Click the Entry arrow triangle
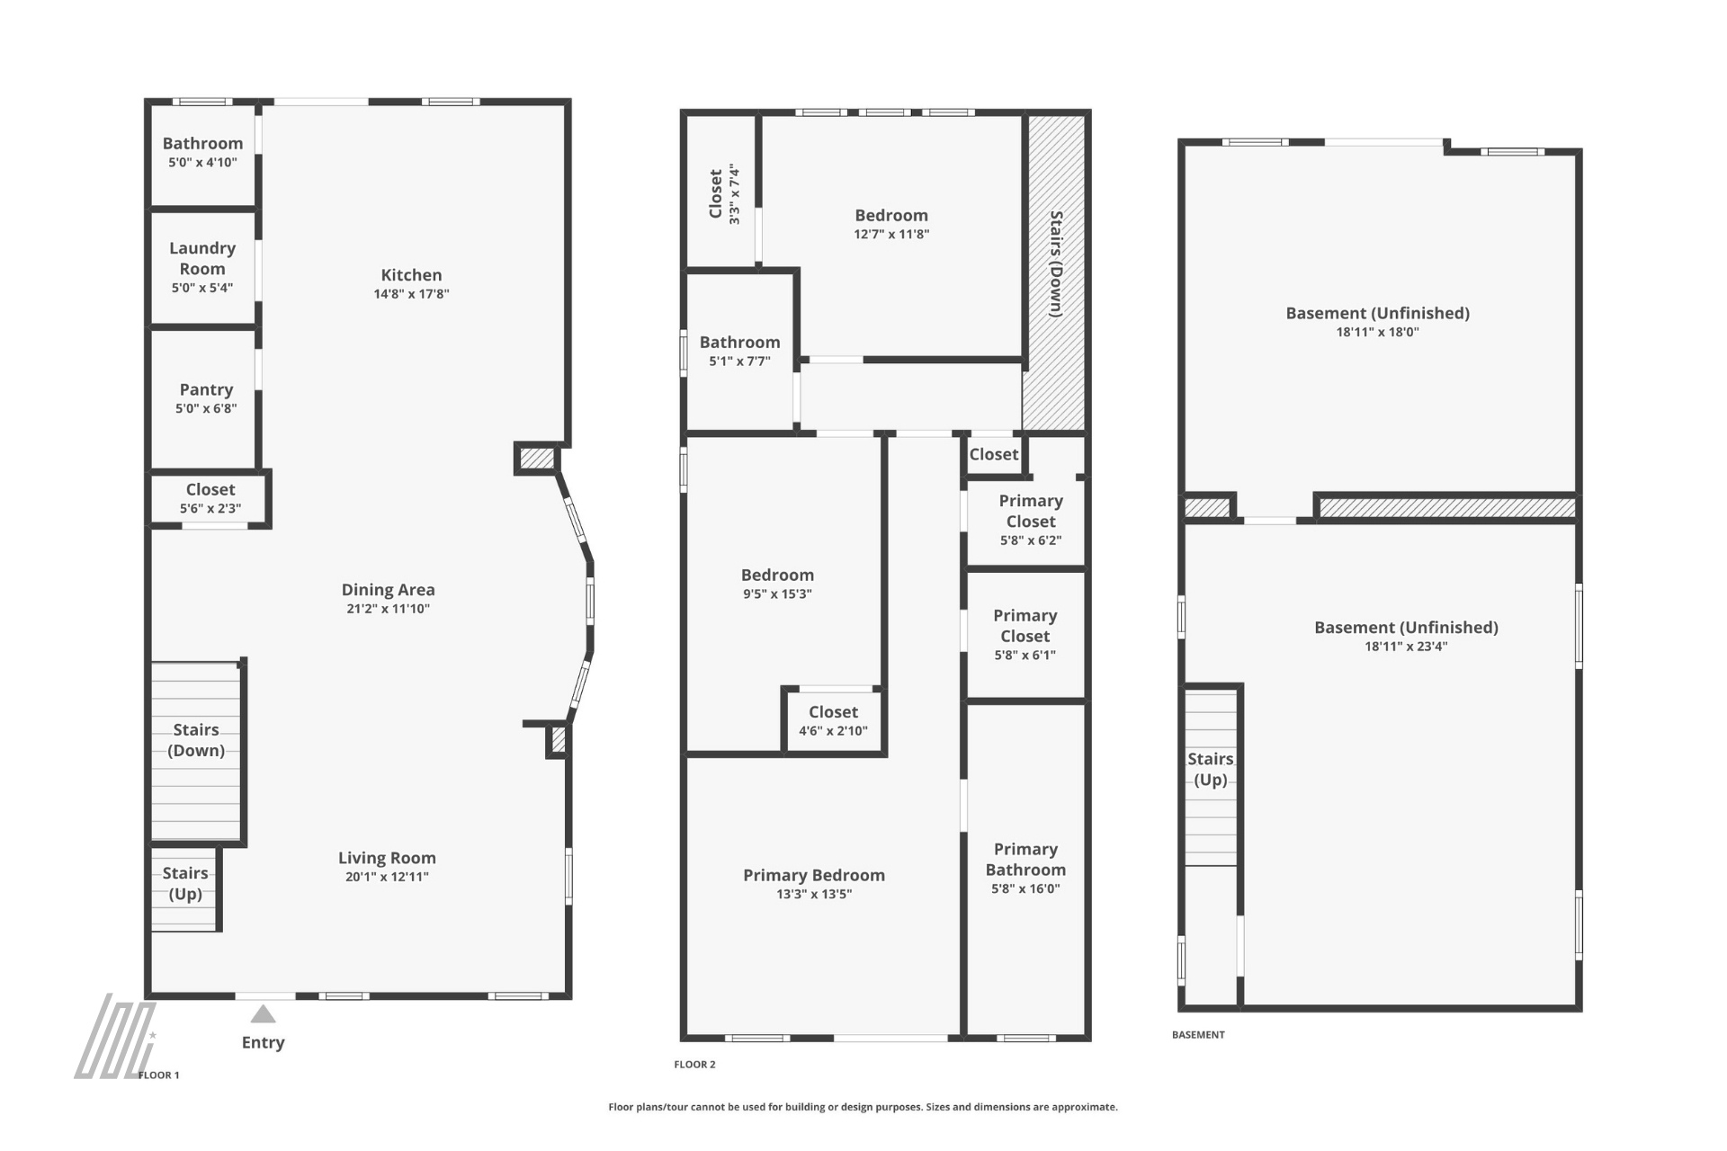(x=263, y=1014)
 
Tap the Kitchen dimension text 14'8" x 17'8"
(x=411, y=294)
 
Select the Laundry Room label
(x=202, y=258)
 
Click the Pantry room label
(x=206, y=389)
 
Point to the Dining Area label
(x=388, y=590)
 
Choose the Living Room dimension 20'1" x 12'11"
(x=387, y=877)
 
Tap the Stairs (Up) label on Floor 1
(x=185, y=883)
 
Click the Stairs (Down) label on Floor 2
(x=1056, y=263)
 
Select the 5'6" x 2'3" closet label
(x=210, y=509)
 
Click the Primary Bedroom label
(x=814, y=875)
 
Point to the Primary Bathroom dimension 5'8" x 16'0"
(x=1025, y=889)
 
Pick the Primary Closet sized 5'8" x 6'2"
(x=1031, y=521)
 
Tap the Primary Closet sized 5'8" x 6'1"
(x=1025, y=635)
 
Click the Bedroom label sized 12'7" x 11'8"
(x=891, y=215)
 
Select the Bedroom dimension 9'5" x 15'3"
(x=777, y=594)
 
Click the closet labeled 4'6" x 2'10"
(x=833, y=720)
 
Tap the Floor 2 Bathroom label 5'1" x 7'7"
(x=739, y=342)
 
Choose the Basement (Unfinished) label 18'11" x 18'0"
(x=1378, y=313)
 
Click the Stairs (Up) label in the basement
(x=1210, y=769)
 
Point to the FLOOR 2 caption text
(x=694, y=1065)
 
